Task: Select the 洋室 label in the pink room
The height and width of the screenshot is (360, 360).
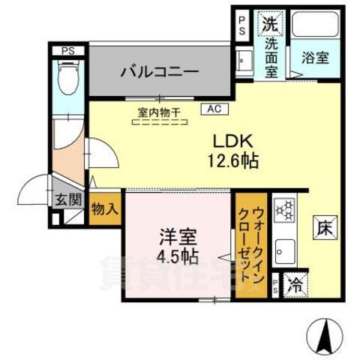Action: coord(178,238)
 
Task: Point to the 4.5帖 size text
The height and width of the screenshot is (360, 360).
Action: coord(178,256)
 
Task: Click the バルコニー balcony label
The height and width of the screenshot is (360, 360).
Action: coord(159,72)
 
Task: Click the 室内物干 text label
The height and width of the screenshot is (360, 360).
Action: coord(159,112)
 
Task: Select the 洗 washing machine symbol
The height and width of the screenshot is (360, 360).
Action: coord(270,23)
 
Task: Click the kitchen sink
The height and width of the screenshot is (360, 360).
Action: coord(285,247)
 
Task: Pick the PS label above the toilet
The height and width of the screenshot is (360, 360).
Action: coord(69,52)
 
